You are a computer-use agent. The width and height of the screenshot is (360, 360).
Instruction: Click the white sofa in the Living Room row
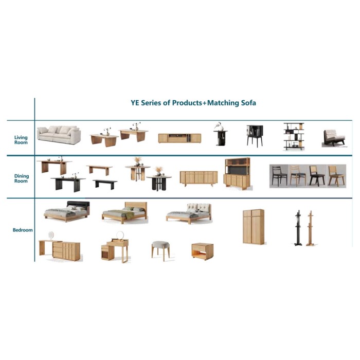pyautogui.click(x=59, y=135)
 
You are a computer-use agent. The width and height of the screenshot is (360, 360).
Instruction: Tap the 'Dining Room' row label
pyautogui.click(x=22, y=178)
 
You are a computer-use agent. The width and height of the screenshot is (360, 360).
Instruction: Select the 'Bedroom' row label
pyautogui.click(x=23, y=230)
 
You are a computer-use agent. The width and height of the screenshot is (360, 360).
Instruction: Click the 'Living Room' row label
pyautogui.click(x=21, y=140)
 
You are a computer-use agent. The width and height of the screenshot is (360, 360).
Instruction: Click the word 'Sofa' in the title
pyautogui.click(x=248, y=103)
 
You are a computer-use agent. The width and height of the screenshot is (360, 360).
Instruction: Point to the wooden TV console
pyautogui.click(x=179, y=138)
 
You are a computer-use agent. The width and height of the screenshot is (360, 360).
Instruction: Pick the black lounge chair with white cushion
pyautogui.click(x=334, y=138)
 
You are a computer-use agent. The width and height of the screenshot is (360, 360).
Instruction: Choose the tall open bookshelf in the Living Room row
pyautogui.click(x=294, y=136)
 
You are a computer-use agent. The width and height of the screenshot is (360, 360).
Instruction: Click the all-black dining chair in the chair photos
pyautogui.click(x=279, y=176)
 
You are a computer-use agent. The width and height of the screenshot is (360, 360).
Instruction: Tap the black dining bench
pyautogui.click(x=105, y=184)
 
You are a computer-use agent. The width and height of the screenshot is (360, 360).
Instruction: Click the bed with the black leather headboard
pyautogui.click(x=67, y=211)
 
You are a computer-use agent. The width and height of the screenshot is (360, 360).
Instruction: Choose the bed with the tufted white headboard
pyautogui.click(x=189, y=213)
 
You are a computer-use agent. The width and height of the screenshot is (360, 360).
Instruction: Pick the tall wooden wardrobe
pyautogui.click(x=254, y=227)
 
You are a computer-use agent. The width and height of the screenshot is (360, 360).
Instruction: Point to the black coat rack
pyautogui.click(x=298, y=228)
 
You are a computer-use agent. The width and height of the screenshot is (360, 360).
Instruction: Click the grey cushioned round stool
pyautogui.click(x=160, y=250)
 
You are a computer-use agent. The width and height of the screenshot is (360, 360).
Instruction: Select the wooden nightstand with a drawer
pyautogui.click(x=203, y=251)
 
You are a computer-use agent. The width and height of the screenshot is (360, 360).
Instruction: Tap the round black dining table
pyautogui.click(x=159, y=183)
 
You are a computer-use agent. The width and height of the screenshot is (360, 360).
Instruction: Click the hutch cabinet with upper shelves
pyautogui.click(x=237, y=174)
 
